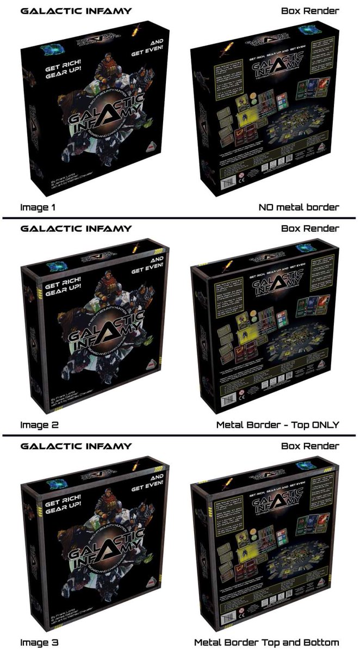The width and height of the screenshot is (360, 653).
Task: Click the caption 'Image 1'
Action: [x=38, y=207]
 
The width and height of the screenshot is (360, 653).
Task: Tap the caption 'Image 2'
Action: [x=38, y=424]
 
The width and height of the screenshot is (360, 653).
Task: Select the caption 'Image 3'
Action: [x=38, y=642]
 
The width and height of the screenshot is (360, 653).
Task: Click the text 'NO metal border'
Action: [x=299, y=207]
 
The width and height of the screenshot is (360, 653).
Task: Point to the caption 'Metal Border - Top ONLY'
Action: [x=277, y=424]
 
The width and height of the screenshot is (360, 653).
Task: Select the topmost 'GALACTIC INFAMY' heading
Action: [x=76, y=10]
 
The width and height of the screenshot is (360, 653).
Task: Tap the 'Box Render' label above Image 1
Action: [x=310, y=10]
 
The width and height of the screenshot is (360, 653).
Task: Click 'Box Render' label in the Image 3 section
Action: [x=310, y=446]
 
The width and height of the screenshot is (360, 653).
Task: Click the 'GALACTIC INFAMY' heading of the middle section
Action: [x=76, y=228]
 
